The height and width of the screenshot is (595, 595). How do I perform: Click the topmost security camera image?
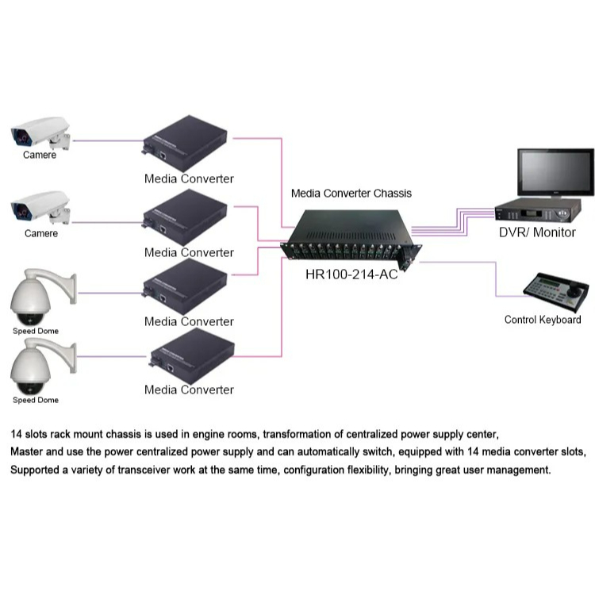coord(40,132)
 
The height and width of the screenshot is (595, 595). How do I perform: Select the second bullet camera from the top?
coord(40,210)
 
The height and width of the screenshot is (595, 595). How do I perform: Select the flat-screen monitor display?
coord(555,171)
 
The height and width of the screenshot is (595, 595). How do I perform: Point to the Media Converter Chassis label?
coord(351,193)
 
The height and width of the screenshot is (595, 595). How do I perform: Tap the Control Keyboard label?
coord(543,320)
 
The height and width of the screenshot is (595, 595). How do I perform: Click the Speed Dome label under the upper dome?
coord(36,331)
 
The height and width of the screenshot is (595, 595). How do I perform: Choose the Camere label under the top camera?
coord(40,155)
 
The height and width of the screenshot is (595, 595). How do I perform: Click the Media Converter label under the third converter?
coord(189,321)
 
